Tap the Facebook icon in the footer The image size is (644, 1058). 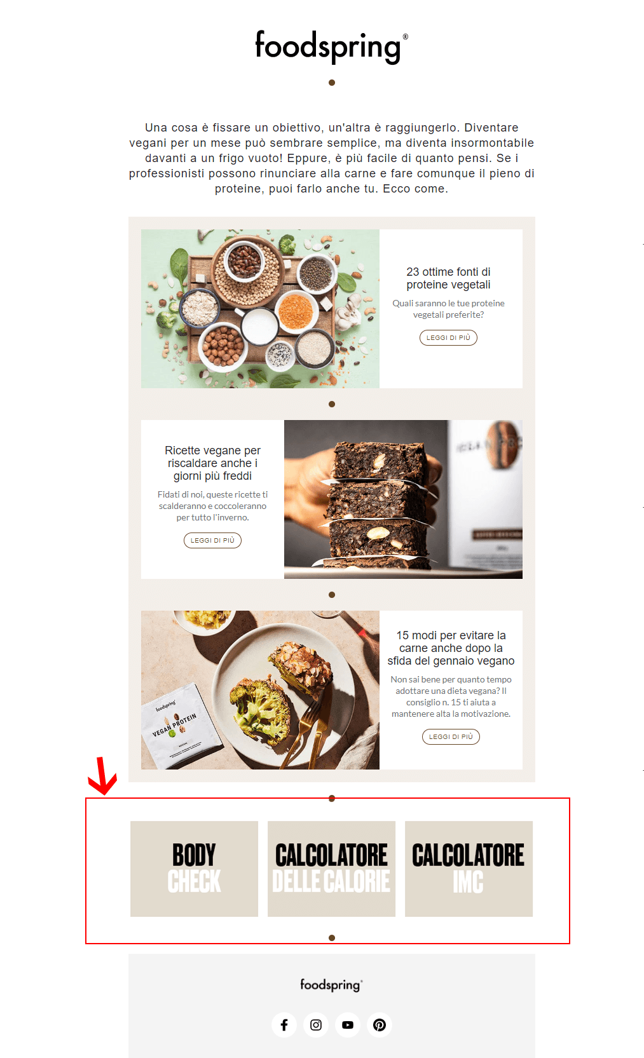tap(284, 1024)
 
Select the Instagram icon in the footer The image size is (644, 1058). tap(316, 1024)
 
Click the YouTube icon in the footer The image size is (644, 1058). tap(348, 1024)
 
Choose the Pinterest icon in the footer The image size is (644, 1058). tap(380, 1024)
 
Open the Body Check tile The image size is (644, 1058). tap(194, 868)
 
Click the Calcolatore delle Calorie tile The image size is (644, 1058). tap(331, 868)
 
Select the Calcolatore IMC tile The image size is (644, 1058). tap(469, 868)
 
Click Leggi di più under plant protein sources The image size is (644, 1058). tap(448, 337)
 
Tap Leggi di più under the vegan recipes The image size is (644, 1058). tap(212, 540)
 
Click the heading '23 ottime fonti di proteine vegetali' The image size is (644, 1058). tap(448, 278)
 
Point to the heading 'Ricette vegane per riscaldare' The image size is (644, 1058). tap(212, 463)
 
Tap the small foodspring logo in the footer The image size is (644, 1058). tap(331, 985)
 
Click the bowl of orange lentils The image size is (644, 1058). tap(296, 311)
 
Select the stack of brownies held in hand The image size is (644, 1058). tap(375, 502)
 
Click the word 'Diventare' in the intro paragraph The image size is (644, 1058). tap(491, 128)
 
